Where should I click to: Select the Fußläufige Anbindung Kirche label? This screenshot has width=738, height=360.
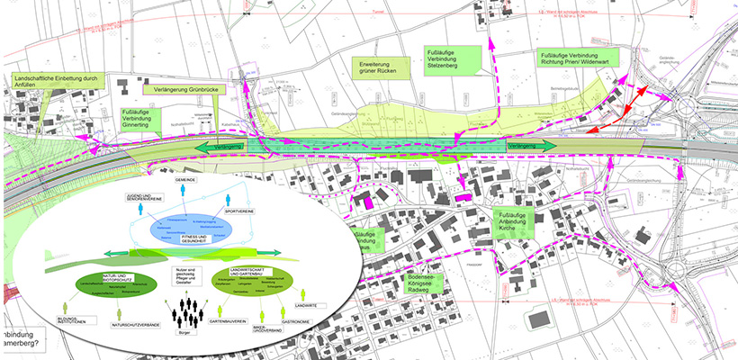click(x=518, y=221)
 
